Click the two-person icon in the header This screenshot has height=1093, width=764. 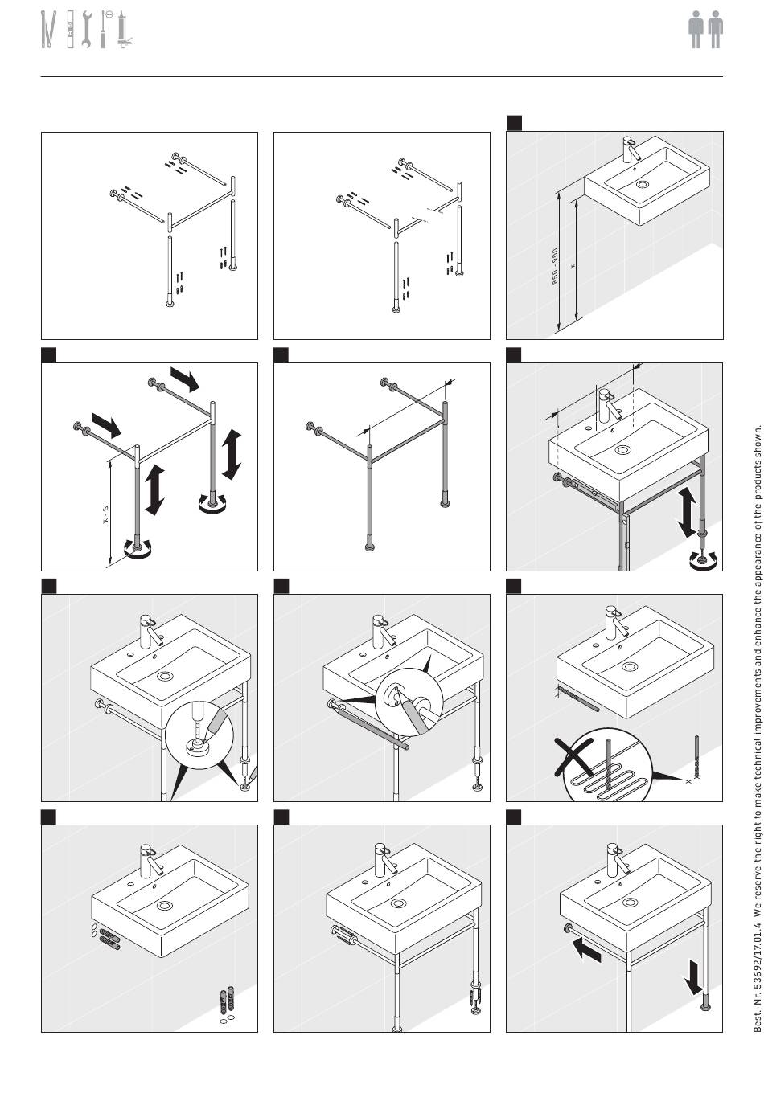tap(705, 31)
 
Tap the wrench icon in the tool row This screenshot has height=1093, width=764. tap(87, 31)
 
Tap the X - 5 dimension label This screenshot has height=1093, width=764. tap(105, 514)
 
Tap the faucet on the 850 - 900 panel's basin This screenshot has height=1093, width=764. tap(631, 149)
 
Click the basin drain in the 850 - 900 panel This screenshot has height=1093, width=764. tap(642, 184)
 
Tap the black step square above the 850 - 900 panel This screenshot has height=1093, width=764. tap(514, 123)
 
